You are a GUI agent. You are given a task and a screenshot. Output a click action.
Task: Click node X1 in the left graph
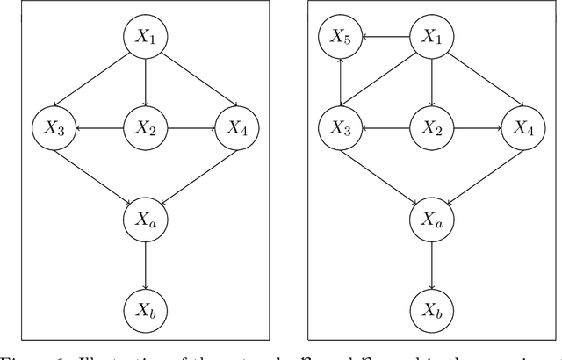[144, 37]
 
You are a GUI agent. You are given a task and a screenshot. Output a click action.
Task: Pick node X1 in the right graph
[431, 37]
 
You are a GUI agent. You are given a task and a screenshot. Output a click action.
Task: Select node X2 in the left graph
[144, 127]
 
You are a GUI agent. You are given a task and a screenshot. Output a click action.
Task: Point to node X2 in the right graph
[431, 127]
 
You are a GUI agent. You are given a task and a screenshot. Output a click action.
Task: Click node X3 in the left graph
[54, 127]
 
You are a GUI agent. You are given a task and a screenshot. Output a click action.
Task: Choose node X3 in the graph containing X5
[341, 127]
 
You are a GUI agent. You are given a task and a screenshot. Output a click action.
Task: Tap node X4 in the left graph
[234, 127]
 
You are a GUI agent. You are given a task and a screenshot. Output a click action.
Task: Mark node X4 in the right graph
[522, 127]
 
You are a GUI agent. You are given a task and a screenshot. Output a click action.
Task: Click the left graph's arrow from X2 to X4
[189, 127]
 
